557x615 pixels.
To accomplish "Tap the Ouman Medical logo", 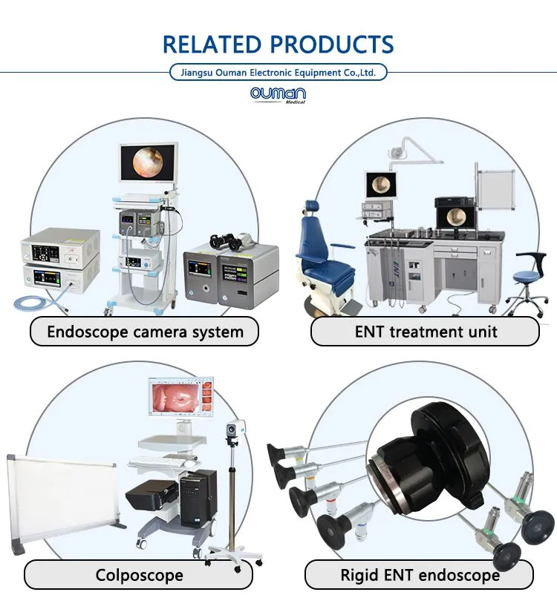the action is point(278,95).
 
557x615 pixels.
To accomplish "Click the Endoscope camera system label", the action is point(145,332).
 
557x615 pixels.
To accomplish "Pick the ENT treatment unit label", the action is point(426,332).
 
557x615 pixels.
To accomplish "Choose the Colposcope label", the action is point(139,575).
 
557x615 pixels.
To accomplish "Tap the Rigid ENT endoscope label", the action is point(420,575).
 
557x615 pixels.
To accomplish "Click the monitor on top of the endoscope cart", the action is point(149,162).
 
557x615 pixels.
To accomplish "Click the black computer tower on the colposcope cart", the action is point(198,498).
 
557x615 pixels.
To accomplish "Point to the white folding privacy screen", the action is point(64,502).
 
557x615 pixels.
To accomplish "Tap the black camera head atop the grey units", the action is point(228,242).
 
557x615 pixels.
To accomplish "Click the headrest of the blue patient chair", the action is point(312,208).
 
